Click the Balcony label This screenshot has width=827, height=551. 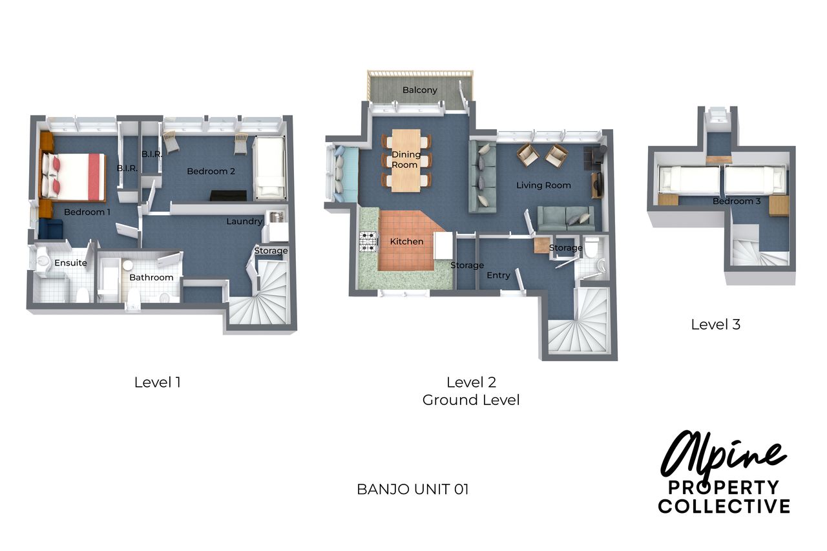tap(419, 90)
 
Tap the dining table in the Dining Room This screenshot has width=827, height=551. tap(406, 161)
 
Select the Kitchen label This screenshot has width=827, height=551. tap(406, 242)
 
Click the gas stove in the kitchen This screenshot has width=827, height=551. tap(368, 242)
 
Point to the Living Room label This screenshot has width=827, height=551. tap(543, 185)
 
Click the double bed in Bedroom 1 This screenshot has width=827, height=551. tap(74, 176)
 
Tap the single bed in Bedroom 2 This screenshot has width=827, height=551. tap(271, 168)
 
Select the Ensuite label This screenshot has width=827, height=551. tap(70, 263)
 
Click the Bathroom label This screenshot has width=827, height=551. tap(151, 278)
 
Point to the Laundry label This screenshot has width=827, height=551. tap(244, 222)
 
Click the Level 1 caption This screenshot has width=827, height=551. tap(158, 382)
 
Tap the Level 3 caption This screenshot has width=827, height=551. tap(715, 325)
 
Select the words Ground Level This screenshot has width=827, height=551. tap(471, 400)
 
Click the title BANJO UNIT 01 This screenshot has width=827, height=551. tap(413, 490)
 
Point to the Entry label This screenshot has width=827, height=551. tap(498, 275)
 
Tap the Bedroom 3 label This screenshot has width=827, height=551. tap(736, 201)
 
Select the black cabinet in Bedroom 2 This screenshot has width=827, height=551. tap(228, 196)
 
